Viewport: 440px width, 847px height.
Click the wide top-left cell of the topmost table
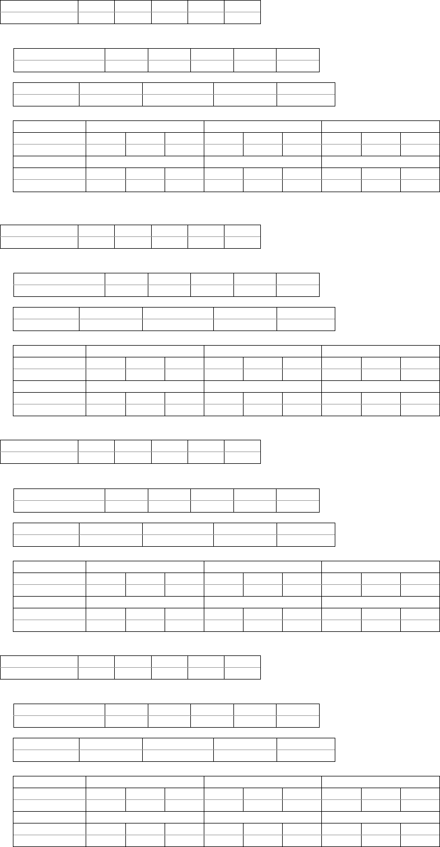point(39,6)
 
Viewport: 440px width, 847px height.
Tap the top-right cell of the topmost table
point(242,6)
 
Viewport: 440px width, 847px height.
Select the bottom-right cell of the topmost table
point(242,18)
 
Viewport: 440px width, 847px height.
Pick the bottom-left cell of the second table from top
point(59,66)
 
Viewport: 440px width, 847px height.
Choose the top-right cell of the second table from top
point(297,54)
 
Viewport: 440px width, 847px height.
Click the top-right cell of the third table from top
point(306,89)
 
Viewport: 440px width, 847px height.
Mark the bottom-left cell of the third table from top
point(46,100)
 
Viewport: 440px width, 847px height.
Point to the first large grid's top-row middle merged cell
point(263,126)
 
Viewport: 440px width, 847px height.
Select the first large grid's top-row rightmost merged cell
point(381,126)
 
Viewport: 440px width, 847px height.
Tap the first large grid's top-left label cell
point(49,126)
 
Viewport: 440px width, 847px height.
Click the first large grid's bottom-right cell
point(420,185)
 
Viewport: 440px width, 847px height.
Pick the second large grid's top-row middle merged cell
point(263,351)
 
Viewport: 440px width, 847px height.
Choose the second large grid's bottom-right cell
point(420,410)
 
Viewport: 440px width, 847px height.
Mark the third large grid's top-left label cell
point(49,566)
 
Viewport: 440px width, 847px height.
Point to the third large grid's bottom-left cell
point(49,626)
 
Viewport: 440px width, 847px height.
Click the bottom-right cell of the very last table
point(420,841)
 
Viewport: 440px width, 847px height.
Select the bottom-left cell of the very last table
point(49,841)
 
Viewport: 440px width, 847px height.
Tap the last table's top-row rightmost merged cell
point(381,781)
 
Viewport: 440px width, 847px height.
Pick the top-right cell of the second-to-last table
point(306,744)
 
